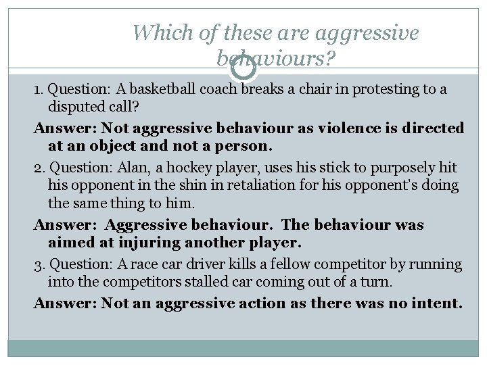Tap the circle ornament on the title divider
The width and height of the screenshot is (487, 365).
[x=243, y=68]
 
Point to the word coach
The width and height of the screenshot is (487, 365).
[x=218, y=89]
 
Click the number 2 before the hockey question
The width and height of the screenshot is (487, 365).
[x=38, y=167]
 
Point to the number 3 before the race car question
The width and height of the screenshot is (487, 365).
[x=38, y=264]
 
